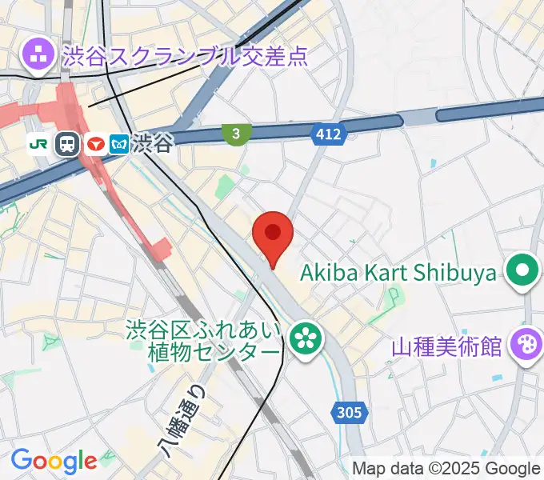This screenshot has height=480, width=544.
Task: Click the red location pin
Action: click(273, 234)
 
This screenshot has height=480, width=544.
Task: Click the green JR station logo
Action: click(38, 143)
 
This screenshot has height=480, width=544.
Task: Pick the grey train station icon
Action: click(67, 144)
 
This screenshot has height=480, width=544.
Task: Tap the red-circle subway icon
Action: click(96, 144)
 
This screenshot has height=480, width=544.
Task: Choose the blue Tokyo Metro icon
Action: click(120, 144)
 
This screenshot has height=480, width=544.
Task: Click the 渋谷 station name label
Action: click(153, 143)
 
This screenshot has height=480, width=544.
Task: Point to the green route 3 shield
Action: click(235, 134)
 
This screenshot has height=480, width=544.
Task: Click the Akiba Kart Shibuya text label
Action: click(398, 273)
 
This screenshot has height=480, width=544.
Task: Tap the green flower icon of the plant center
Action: click(304, 338)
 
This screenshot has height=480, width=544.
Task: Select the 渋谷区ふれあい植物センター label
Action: click(205, 339)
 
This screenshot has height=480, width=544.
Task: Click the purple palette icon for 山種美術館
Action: click(526, 346)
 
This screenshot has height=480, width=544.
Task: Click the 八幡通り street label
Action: click(184, 420)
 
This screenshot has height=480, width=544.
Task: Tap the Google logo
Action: click(54, 461)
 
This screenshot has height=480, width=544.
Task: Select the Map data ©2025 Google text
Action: click(446, 469)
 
